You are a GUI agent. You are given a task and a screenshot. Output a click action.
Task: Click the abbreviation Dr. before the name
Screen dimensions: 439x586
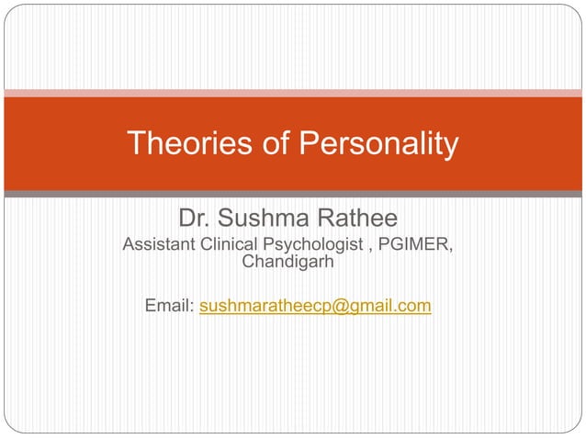(x=195, y=219)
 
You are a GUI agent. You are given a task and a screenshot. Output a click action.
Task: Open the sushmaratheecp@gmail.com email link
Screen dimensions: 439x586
(x=315, y=306)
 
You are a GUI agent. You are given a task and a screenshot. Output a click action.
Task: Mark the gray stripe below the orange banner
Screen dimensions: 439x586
(x=293, y=194)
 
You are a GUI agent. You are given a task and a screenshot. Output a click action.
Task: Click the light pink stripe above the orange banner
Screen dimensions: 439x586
(x=293, y=92)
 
